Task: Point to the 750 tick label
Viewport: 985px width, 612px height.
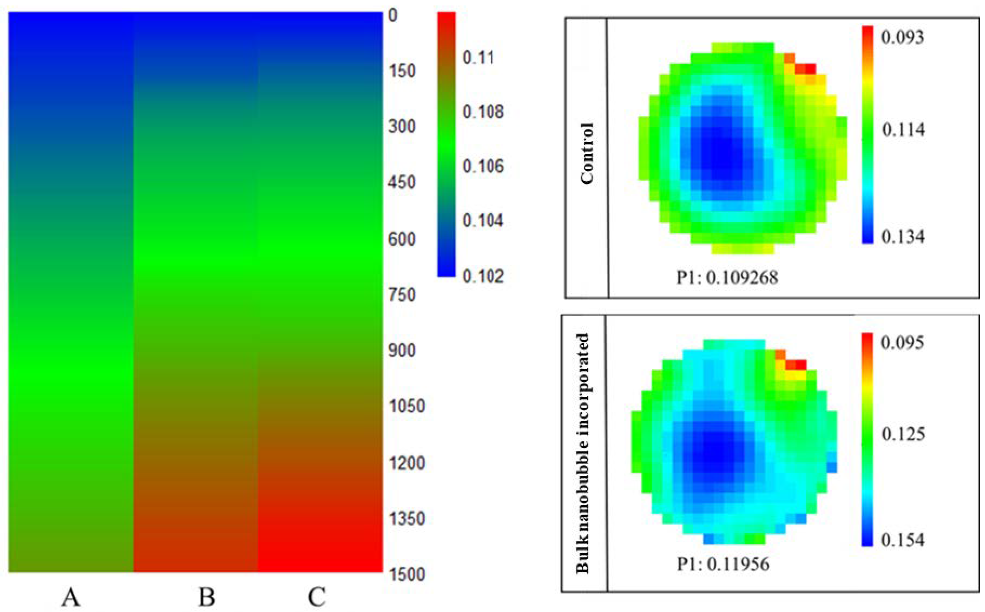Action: [x=402, y=295]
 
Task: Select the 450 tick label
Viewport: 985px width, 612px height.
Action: [x=402, y=183]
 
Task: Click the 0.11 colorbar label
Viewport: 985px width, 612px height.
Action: [x=478, y=58]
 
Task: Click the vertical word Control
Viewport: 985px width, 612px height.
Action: [x=587, y=154]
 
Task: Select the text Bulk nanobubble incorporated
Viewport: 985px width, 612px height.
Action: [x=583, y=453]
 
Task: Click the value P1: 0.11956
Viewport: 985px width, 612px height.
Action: [x=723, y=564]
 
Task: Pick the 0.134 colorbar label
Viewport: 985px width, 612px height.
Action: [x=903, y=237]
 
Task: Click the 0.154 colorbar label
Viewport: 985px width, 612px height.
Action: [x=903, y=540]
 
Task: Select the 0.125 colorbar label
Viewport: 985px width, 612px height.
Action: [x=903, y=434]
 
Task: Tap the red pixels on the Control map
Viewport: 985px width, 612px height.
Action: [x=805, y=69]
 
